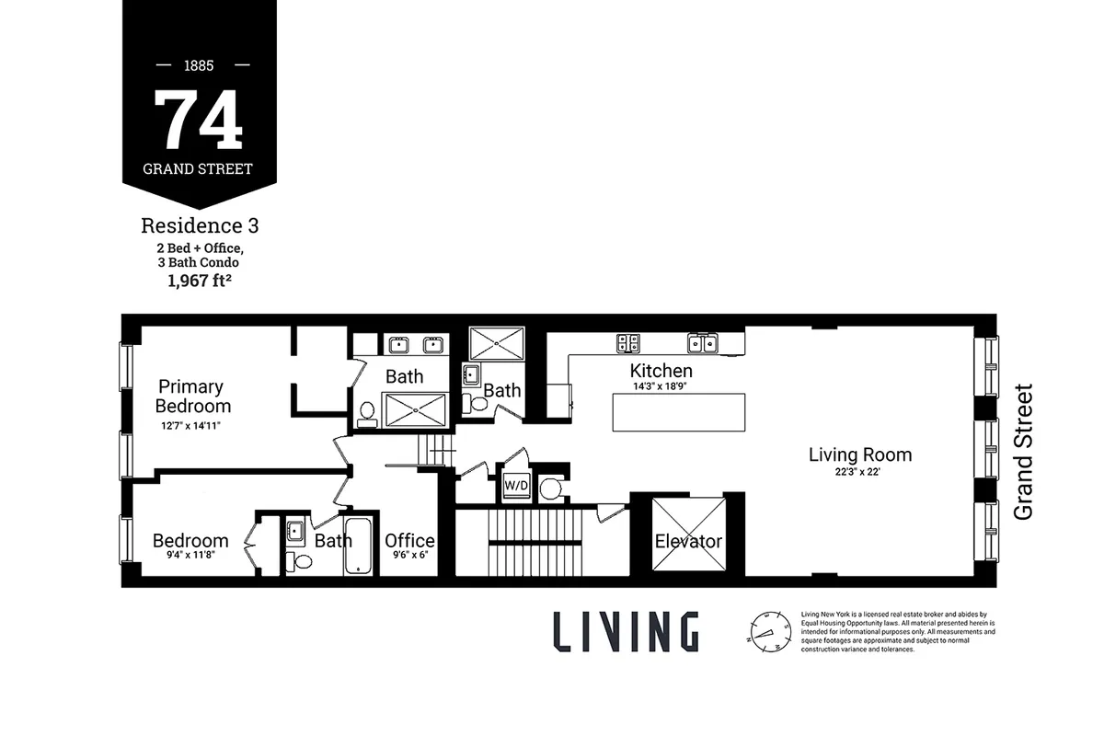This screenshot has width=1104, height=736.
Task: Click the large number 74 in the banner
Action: pos(199,120)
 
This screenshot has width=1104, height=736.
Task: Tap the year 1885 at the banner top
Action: pos(199,66)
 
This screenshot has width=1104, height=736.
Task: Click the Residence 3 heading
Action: pos(199,225)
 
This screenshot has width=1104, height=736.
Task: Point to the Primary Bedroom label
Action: pos(193,397)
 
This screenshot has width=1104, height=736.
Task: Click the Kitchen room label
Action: pos(661,371)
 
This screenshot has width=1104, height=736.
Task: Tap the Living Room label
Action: pos(860,454)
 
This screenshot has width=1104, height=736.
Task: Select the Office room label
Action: pos(409,541)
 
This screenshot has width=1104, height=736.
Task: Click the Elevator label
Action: pos(688,541)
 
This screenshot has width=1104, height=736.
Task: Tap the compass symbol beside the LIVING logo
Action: pos(770,631)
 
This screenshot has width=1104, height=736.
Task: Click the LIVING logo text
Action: pos(626,631)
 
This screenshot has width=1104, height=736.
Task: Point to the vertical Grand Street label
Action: pos(1023,452)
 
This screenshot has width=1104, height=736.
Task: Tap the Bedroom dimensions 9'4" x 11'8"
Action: pos(190,556)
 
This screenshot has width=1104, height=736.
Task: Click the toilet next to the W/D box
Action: pos(550,488)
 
